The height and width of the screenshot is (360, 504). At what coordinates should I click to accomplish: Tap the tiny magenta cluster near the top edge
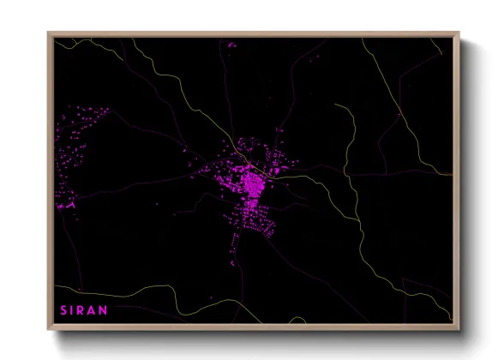pyautogui.click(x=230, y=43)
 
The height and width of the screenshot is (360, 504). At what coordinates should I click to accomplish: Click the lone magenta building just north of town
pyautogui.click(x=279, y=131)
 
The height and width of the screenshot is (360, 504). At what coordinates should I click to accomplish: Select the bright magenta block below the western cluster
pyautogui.click(x=66, y=206)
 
